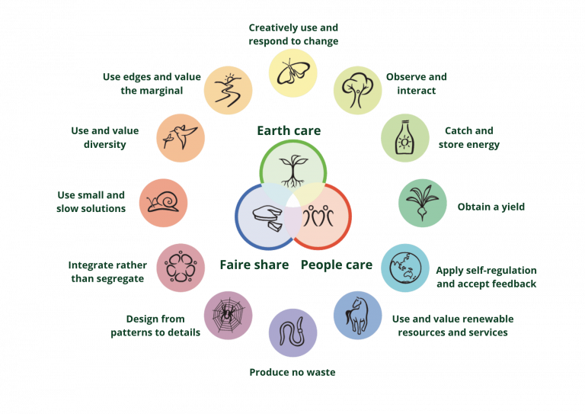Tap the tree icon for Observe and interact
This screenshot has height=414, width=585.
coord(357,89)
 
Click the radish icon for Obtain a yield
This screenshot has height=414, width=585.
coord(422,203)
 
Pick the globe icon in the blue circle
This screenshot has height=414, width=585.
coord(404,268)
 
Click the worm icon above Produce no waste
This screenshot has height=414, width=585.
coord(292,332)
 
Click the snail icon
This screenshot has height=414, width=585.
coord(163,203)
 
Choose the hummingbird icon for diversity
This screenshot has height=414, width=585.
coord(181,138)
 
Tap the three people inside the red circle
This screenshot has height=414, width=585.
coord(320,218)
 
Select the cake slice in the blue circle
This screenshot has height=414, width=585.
coord(266,218)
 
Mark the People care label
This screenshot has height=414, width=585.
coord(336,265)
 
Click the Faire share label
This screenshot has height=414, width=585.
coord(254,265)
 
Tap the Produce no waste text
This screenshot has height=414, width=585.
coord(292,373)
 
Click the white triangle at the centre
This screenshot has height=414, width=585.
coord(292,201)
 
